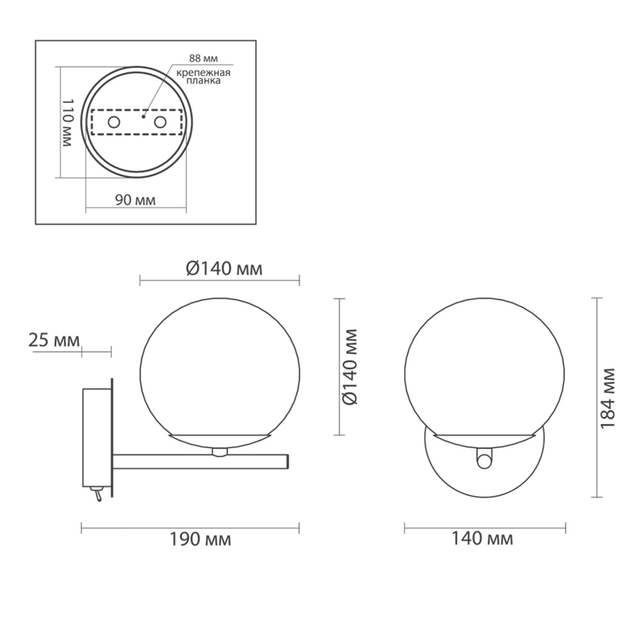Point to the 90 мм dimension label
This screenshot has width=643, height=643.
pos(134,200)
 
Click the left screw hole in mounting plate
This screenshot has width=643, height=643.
pos(113,122)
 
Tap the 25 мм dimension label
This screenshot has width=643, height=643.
pos(52,340)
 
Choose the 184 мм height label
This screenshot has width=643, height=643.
pos(608,396)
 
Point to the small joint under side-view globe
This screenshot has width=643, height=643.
pos(219,451)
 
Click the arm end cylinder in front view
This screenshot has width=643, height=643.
pos(483,460)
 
